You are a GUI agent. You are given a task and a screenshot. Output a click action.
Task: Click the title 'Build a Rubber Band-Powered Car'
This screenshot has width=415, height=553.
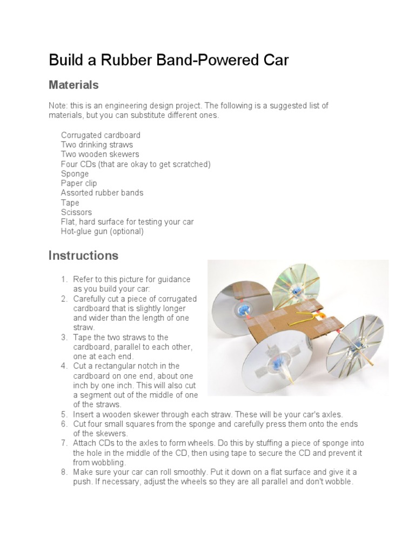click(169, 60)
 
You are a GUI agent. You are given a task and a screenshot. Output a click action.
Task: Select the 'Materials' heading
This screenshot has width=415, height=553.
click(73, 85)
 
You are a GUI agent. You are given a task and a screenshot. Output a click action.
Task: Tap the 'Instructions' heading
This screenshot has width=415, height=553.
click(83, 255)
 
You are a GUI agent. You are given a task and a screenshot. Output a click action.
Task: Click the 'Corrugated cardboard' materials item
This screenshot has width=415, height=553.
click(101, 135)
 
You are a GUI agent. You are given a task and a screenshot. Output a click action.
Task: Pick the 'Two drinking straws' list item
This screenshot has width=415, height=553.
click(97, 145)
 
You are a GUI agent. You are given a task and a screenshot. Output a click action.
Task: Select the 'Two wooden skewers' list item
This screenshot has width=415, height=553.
click(100, 154)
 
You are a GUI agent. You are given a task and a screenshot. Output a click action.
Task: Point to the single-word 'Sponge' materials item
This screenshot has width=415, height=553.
click(75, 174)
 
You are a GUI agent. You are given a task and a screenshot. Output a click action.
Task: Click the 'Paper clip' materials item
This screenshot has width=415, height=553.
click(79, 184)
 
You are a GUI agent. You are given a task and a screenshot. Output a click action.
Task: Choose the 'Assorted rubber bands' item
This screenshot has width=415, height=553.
click(102, 193)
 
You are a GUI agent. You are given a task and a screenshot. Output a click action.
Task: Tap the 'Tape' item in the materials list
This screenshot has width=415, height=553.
click(70, 203)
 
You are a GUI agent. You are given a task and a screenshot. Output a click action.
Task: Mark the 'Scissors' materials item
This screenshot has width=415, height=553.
click(76, 212)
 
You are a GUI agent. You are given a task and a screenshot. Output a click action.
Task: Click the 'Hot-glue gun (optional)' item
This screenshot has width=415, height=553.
click(102, 231)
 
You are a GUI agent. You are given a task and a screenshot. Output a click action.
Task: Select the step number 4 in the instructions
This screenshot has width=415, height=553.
click(63, 366)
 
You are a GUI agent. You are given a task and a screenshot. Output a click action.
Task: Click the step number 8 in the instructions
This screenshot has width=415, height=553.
click(63, 472)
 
